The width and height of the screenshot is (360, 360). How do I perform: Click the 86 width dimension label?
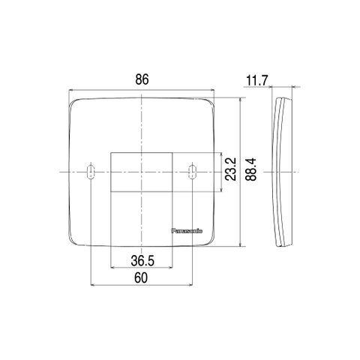142,79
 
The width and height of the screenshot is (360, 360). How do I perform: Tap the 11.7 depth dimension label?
257,81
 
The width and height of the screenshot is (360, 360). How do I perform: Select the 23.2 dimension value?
230,169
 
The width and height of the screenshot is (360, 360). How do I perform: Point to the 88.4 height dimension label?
250,169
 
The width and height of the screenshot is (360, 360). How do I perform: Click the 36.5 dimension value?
142,261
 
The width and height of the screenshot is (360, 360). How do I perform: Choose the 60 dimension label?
141,277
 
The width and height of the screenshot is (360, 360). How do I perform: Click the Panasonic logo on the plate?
187,231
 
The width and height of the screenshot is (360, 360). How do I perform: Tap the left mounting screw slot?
91,172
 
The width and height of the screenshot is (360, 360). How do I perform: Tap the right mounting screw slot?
192,172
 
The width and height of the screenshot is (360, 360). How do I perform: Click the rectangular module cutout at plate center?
142,172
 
